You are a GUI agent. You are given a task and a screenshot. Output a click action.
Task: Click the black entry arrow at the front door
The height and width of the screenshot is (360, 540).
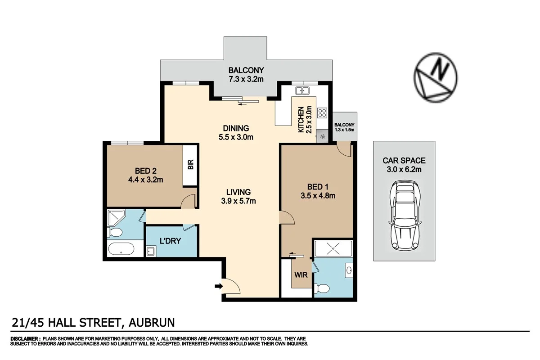[219, 286]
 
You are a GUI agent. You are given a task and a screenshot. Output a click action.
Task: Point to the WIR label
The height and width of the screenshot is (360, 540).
[301, 274]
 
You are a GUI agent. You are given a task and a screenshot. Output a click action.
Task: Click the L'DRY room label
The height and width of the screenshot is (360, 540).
[171, 241]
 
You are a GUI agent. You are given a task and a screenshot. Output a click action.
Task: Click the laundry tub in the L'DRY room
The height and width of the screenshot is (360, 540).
[151, 251]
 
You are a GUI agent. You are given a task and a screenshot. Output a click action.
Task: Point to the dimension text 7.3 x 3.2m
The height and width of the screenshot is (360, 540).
[245, 79]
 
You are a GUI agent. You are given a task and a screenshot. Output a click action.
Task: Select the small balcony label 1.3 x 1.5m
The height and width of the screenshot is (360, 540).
[344, 130]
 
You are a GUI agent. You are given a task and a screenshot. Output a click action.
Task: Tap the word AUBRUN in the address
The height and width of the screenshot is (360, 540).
[152, 322]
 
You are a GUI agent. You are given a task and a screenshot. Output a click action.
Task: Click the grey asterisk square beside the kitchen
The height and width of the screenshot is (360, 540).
[322, 137]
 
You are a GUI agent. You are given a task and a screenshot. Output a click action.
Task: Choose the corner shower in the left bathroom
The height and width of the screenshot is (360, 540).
[116, 217]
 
